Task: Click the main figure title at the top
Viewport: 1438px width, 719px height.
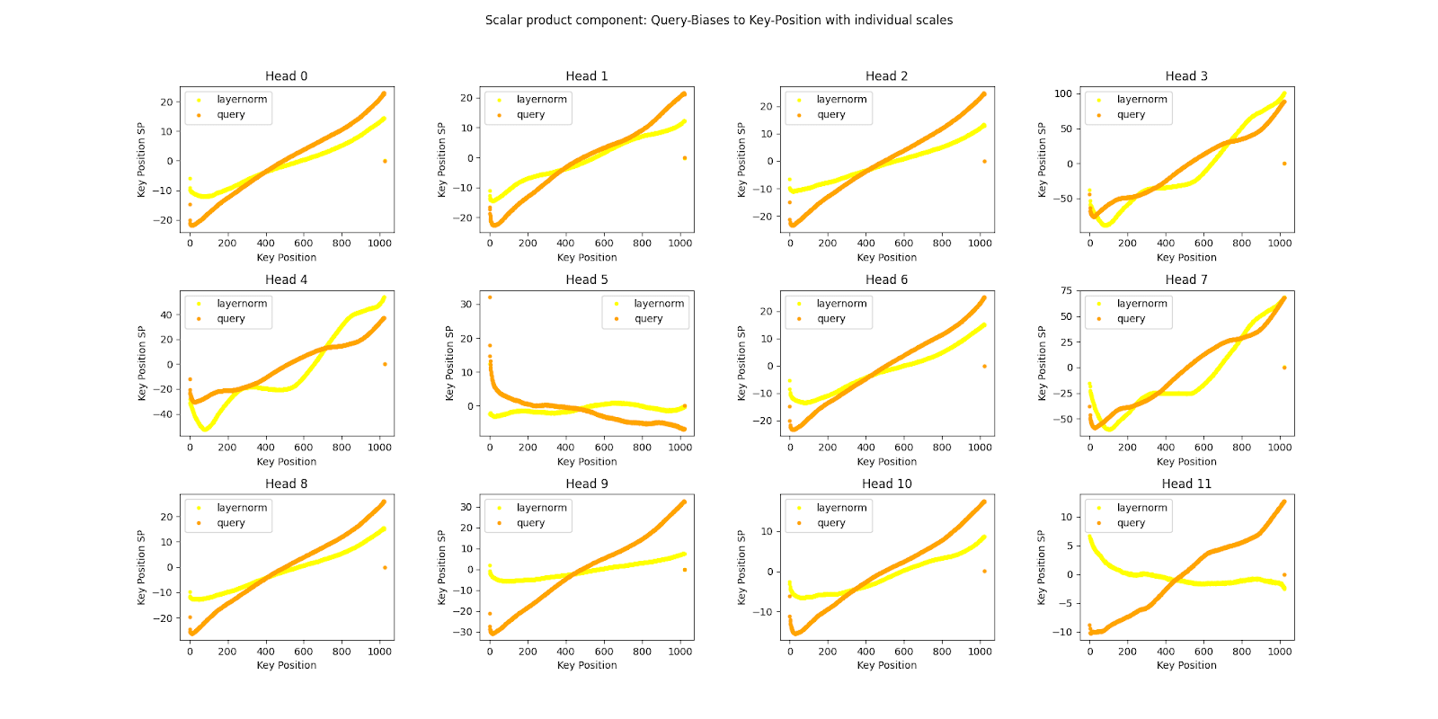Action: click(x=719, y=20)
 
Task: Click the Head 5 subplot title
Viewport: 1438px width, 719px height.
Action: click(x=587, y=280)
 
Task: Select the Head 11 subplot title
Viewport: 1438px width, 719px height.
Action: click(x=1186, y=484)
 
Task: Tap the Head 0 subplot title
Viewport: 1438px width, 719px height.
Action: click(x=286, y=76)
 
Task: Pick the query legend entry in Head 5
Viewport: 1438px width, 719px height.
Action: click(x=648, y=319)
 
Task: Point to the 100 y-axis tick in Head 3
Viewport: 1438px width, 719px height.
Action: click(x=1063, y=93)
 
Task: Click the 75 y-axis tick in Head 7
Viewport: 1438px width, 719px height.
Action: click(x=1066, y=290)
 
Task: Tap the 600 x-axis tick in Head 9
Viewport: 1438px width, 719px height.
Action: click(x=604, y=652)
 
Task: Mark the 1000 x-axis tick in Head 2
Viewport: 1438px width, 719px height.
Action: click(x=980, y=243)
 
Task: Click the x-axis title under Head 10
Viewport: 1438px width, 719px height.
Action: click(x=887, y=665)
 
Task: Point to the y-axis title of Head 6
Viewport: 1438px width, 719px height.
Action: click(x=741, y=363)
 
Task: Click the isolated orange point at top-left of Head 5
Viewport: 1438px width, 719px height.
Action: click(x=490, y=297)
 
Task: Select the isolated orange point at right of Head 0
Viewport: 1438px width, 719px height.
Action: click(x=385, y=162)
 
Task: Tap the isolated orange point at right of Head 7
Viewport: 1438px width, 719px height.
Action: click(x=1284, y=368)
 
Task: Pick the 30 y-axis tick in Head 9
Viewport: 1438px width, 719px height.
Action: click(x=466, y=507)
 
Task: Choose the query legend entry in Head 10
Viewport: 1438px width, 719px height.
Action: click(x=830, y=523)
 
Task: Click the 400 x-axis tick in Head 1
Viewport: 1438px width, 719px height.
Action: click(x=565, y=243)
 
